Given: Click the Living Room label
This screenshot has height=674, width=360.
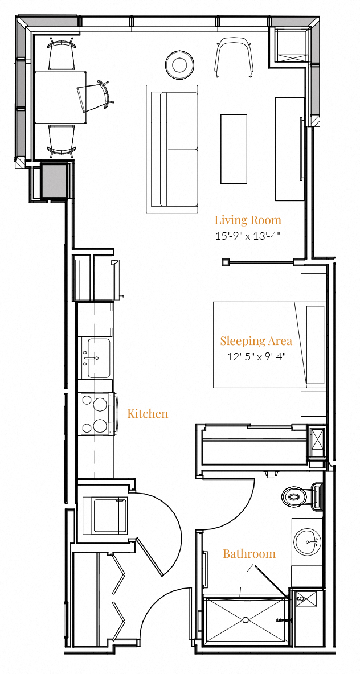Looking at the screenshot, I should (248, 220).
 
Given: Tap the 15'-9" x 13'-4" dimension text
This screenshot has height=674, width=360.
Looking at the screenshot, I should (248, 236).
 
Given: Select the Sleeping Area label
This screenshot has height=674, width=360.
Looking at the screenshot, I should (256, 341).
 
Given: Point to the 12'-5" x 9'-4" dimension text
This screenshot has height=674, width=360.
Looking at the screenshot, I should (256, 357).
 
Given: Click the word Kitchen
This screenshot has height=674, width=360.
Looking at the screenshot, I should (148, 413).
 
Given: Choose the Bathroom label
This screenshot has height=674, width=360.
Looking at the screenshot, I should (249, 553).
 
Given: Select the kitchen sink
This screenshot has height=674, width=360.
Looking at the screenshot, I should (96, 357).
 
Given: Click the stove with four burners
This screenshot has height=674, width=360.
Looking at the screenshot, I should (97, 414).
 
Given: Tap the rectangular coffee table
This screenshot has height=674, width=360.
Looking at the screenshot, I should (234, 149).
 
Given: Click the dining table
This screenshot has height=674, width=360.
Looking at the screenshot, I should (60, 97).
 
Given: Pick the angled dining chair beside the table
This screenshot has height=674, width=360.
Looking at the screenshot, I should (94, 96).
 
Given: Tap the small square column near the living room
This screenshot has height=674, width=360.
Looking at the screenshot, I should (226, 262).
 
